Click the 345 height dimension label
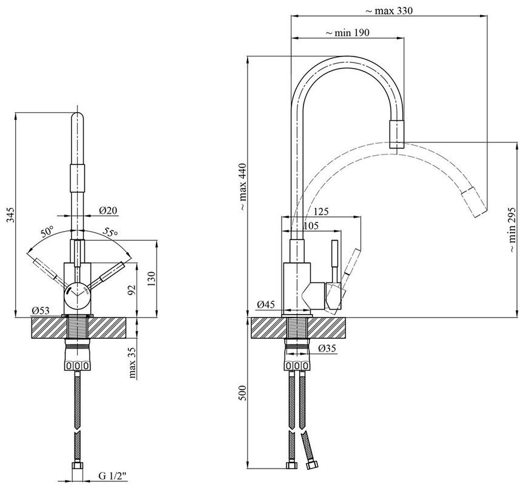coord(11,215)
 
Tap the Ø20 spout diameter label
coord(108,210)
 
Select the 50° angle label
coord(47,232)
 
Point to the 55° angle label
coord(110,232)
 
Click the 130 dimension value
coord(152,278)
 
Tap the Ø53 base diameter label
coord(41,310)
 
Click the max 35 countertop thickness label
coord(132,362)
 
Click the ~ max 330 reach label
coord(388,11)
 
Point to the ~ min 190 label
coord(347,33)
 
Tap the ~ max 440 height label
coord(243,187)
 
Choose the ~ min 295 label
coord(512,230)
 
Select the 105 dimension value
coord(311,225)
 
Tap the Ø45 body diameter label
coord(266,305)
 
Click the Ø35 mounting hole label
coord(327,349)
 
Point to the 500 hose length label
coord(243,392)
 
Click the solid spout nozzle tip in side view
coord(397,134)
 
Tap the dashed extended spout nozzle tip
coord(474,202)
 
